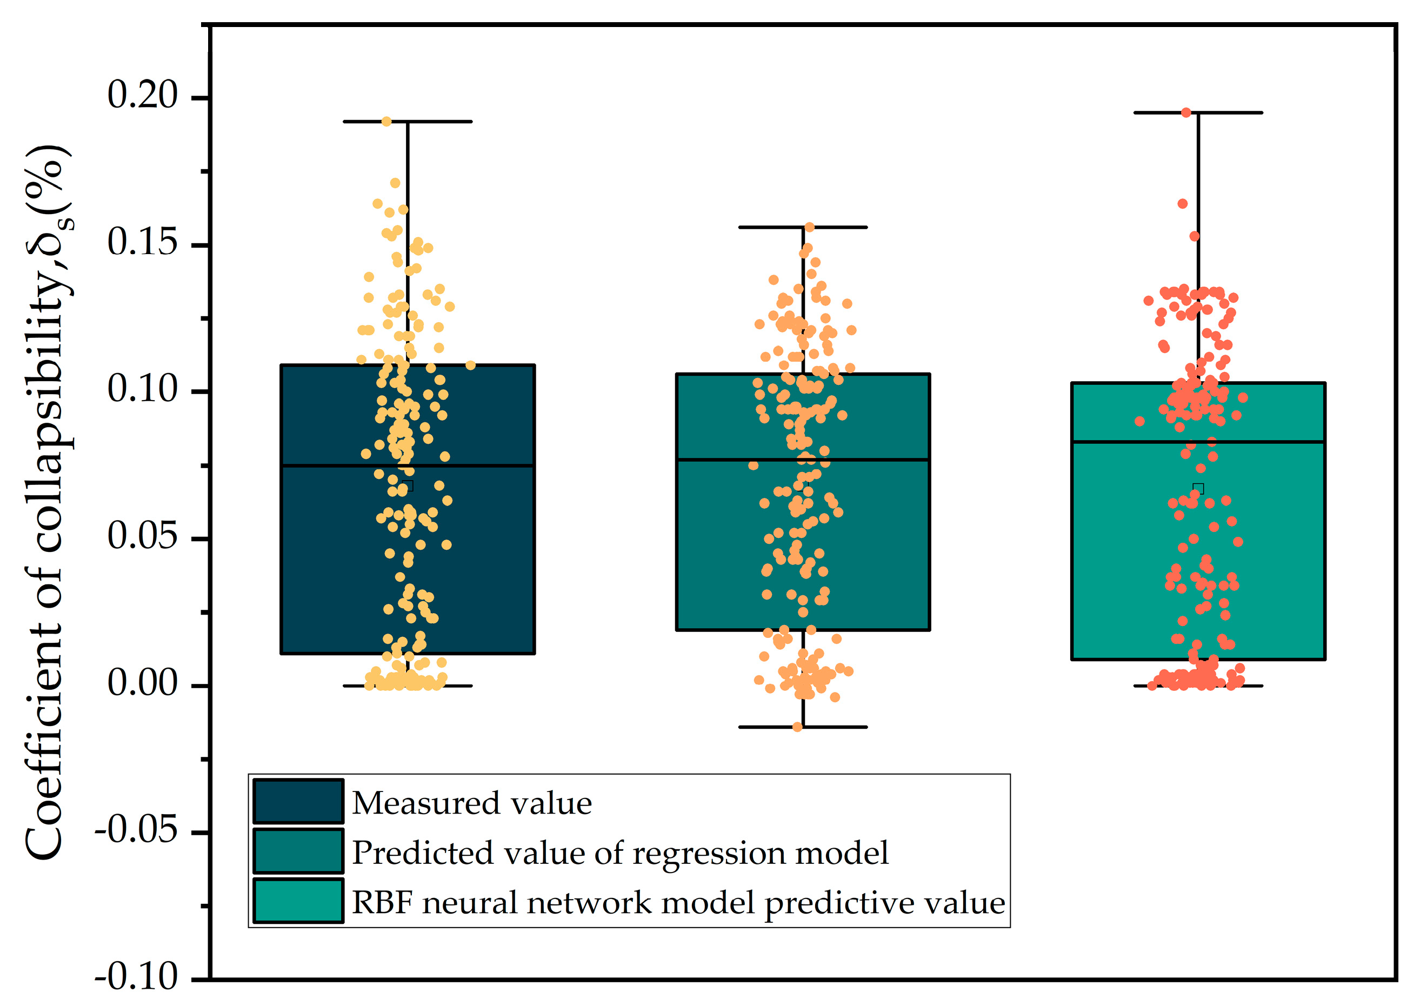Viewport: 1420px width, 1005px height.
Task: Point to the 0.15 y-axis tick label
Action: (142, 242)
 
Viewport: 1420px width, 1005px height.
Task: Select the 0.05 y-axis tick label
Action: (142, 536)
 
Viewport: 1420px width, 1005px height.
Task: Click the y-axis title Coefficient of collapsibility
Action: (46, 501)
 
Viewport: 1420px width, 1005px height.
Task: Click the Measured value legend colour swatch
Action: (298, 801)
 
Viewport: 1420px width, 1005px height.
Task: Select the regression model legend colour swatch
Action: (298, 851)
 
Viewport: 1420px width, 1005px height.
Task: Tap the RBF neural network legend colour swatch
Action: (298, 901)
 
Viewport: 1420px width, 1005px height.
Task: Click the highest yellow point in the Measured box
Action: (386, 121)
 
